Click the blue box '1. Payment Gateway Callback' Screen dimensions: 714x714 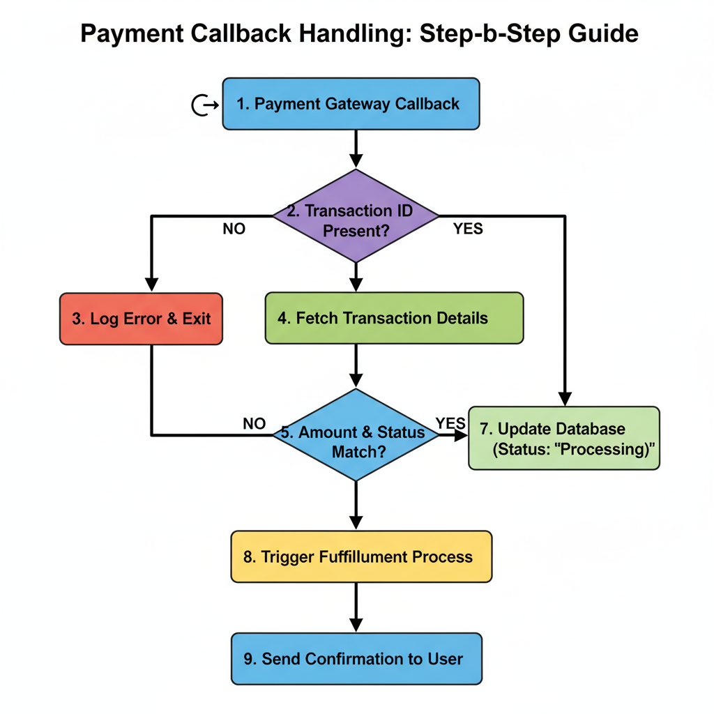pyautogui.click(x=351, y=104)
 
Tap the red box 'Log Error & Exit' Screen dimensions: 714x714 pyautogui.click(x=141, y=318)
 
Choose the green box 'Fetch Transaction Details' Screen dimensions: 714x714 pyautogui.click(x=394, y=318)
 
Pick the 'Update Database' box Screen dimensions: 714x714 pyautogui.click(x=563, y=438)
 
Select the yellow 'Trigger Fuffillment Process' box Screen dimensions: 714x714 pyautogui.click(x=361, y=556)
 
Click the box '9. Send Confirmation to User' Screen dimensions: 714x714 pyautogui.click(x=356, y=658)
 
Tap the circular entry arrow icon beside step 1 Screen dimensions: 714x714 pyautogui.click(x=202, y=105)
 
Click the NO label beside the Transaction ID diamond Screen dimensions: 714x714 pyautogui.click(x=234, y=229)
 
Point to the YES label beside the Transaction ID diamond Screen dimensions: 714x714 pyautogui.click(x=467, y=229)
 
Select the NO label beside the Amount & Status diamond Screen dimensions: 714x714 pyautogui.click(x=254, y=423)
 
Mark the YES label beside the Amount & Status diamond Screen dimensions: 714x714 pyautogui.click(x=450, y=423)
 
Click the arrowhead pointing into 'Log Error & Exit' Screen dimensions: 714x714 pyautogui.click(x=151, y=284)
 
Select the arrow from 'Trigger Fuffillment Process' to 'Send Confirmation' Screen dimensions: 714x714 pyautogui.click(x=356, y=607)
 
